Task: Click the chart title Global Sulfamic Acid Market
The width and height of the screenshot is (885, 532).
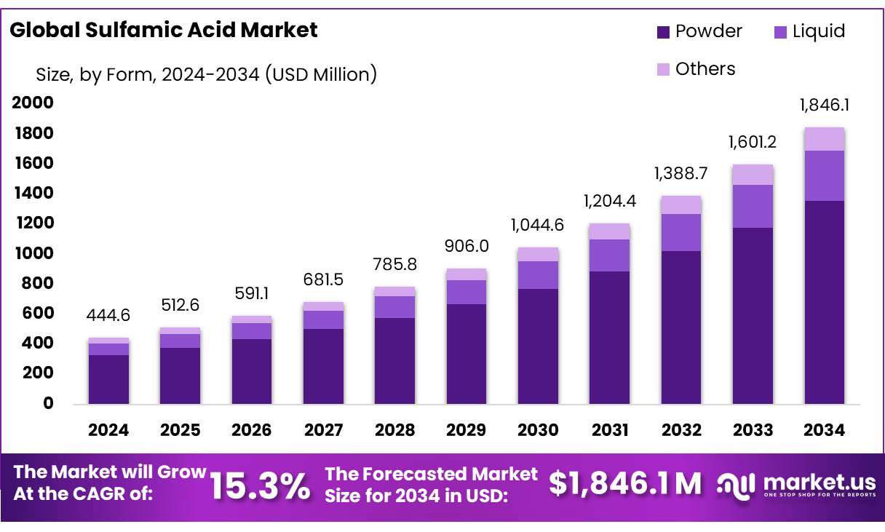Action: [x=164, y=30]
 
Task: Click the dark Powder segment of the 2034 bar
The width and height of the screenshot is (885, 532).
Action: [x=825, y=302]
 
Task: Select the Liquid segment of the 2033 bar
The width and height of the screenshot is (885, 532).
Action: [x=753, y=206]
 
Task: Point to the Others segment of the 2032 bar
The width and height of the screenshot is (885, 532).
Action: [x=681, y=205]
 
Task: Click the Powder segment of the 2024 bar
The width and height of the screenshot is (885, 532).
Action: [x=108, y=379]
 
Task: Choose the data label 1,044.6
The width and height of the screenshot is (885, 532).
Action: [x=537, y=225]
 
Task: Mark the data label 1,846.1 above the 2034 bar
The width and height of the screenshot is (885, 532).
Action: [x=825, y=105]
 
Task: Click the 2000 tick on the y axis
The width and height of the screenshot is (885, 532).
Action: [x=33, y=103]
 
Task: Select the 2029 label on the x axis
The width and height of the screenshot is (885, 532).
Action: [x=466, y=430]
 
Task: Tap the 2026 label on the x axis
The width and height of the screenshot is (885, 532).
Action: [x=251, y=430]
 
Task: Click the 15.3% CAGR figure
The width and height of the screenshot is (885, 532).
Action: [x=259, y=485]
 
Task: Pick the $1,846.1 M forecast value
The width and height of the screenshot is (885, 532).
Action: [x=625, y=484]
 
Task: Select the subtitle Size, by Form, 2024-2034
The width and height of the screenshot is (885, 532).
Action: [x=206, y=74]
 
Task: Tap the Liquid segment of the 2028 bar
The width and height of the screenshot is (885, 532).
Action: [x=394, y=307]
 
